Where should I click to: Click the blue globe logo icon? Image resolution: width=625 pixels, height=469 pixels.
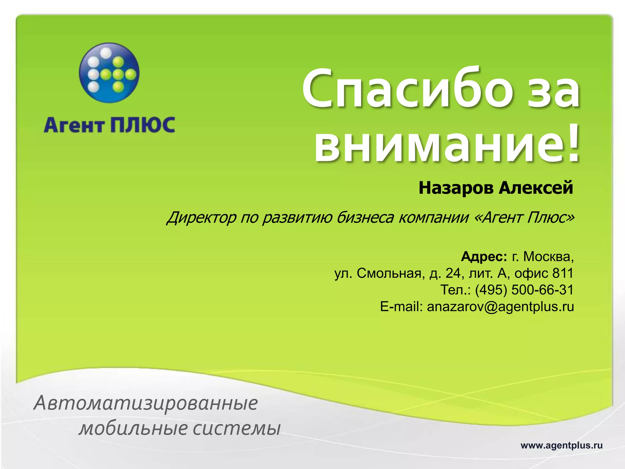pos(109,73)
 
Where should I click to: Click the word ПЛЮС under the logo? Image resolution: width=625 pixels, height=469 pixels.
pos(143,125)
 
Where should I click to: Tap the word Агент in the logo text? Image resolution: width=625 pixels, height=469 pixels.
pos(74,125)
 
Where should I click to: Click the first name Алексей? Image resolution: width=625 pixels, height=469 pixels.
pos(536,188)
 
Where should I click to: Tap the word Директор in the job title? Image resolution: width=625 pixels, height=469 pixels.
pos(201,218)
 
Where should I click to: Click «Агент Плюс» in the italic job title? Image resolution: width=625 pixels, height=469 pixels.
pos(524,218)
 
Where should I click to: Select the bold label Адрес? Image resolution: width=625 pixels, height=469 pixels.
pos(484,256)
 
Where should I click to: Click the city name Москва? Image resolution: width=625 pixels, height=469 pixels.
pos(548,256)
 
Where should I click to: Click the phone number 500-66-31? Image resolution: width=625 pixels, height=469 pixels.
pos(542,290)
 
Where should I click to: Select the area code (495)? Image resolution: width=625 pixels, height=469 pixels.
pos(491,290)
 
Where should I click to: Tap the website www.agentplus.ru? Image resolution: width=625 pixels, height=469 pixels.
pos(562,445)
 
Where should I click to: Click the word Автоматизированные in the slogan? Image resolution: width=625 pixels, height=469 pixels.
pos(146,403)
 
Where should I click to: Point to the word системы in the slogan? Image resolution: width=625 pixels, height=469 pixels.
pos(237,428)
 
